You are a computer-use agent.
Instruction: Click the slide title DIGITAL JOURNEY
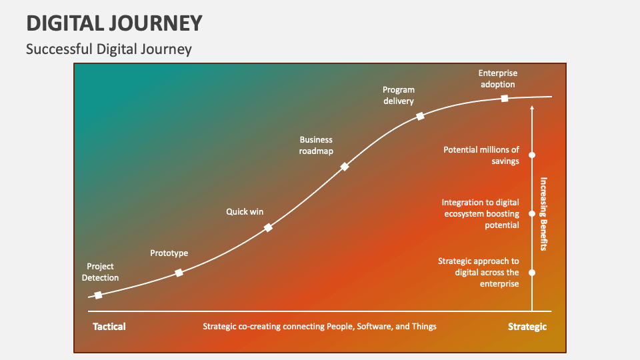[x=114, y=23]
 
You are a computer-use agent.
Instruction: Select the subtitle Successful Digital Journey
[x=109, y=49]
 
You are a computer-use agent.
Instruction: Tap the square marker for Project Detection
[x=98, y=295]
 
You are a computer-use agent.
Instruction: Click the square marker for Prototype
[x=179, y=273]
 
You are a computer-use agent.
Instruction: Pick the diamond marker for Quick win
[x=268, y=227]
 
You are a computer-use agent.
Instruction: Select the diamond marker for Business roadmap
[x=345, y=167]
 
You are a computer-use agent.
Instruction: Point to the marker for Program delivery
[x=420, y=116]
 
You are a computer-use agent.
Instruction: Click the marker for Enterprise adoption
[x=505, y=98]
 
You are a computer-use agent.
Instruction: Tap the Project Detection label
[x=100, y=272]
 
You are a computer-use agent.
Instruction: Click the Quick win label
[x=245, y=212]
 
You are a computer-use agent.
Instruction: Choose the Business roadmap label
[x=316, y=145]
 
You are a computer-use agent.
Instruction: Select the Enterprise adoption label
[x=497, y=79]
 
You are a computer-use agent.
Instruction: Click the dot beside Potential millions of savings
[x=532, y=155]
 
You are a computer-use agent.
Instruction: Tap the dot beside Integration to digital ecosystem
[x=532, y=214]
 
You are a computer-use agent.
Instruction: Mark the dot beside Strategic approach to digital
[x=532, y=272]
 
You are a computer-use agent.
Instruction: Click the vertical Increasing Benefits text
[x=543, y=213]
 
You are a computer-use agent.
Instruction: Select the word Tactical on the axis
[x=109, y=327]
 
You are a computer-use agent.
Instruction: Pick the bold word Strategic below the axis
[x=527, y=327]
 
